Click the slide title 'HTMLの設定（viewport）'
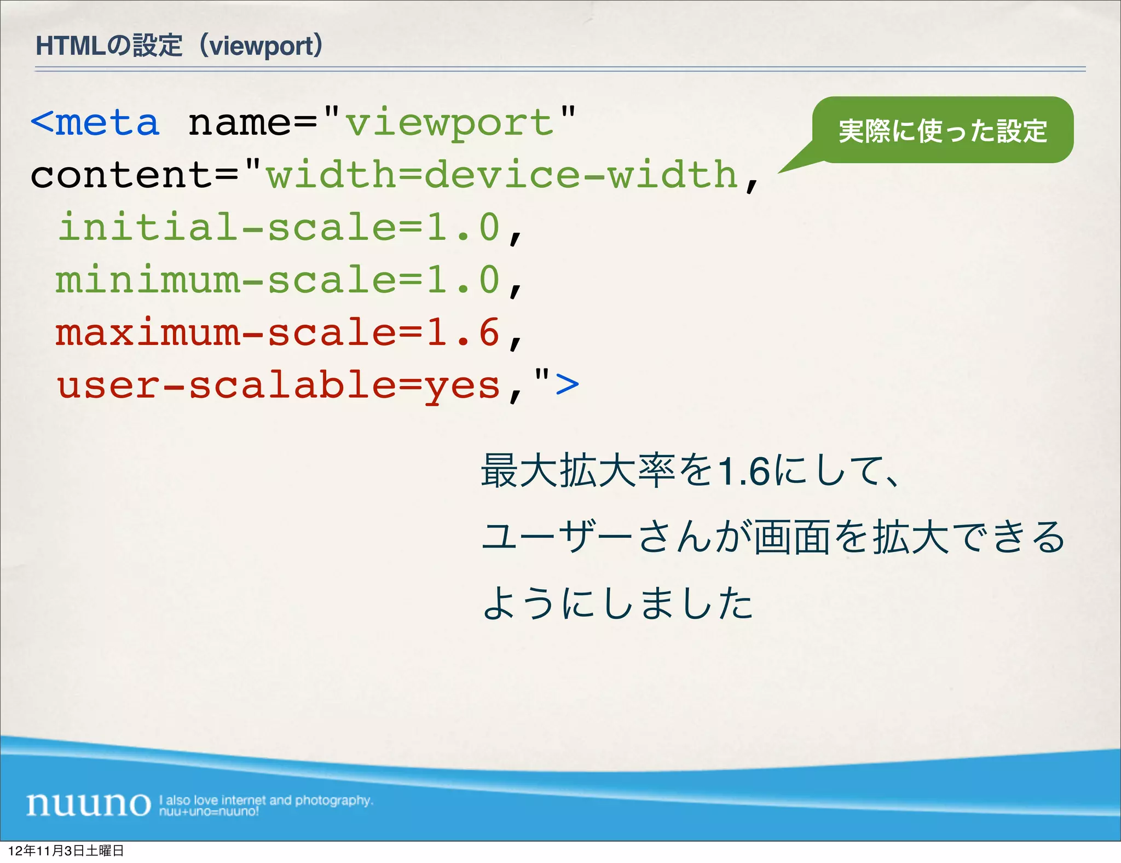tap(179, 46)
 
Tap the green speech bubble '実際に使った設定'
tap(943, 130)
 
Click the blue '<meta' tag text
tap(95, 123)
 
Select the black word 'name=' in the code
tap(252, 123)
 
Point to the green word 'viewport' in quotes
tap(449, 124)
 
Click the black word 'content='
tap(134, 175)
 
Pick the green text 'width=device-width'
tap(501, 175)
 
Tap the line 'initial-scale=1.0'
tap(279, 227)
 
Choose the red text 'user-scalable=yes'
tap(279, 386)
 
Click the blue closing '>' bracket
tap(567, 384)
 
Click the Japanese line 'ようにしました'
tap(617, 603)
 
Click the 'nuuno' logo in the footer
tap(88, 804)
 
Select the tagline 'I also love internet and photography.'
tap(266, 800)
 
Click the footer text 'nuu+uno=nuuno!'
tap(209, 812)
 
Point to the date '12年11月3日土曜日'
tap(66, 851)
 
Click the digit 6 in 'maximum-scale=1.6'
tap(489, 332)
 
